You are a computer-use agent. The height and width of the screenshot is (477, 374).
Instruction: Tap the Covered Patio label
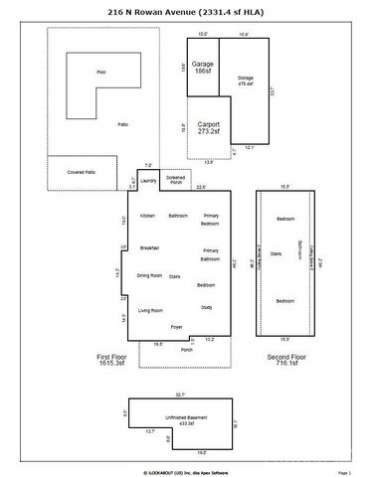tap(82, 172)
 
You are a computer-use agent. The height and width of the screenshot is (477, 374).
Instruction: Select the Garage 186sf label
tap(202, 68)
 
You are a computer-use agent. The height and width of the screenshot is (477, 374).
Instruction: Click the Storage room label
tap(245, 81)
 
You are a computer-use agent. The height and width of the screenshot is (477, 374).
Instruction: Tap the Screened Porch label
tap(176, 181)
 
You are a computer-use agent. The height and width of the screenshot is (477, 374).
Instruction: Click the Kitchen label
tap(147, 216)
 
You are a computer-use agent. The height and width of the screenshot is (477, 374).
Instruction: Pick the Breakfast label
tap(150, 247)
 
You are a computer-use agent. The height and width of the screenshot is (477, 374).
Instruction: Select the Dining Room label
tap(149, 275)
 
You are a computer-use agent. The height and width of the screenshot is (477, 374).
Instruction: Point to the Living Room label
tap(149, 310)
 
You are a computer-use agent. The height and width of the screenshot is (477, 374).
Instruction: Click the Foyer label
tap(176, 327)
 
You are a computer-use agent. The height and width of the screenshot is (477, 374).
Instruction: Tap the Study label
tap(207, 307)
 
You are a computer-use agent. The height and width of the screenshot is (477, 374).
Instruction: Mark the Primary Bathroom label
tap(210, 254)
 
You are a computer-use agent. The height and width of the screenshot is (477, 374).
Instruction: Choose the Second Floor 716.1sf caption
tap(284, 360)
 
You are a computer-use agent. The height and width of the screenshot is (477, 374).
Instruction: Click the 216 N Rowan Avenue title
tap(186, 12)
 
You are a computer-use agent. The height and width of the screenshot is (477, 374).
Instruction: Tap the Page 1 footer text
tap(344, 473)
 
